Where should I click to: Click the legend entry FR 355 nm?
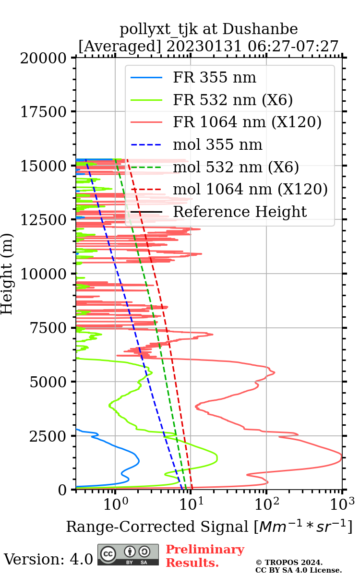click(x=215, y=78)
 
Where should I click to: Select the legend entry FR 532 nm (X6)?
click(x=233, y=100)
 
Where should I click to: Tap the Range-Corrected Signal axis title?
click(x=209, y=527)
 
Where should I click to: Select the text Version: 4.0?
click(x=48, y=559)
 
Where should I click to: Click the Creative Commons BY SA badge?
click(x=128, y=554)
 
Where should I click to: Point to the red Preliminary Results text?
click(x=204, y=556)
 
